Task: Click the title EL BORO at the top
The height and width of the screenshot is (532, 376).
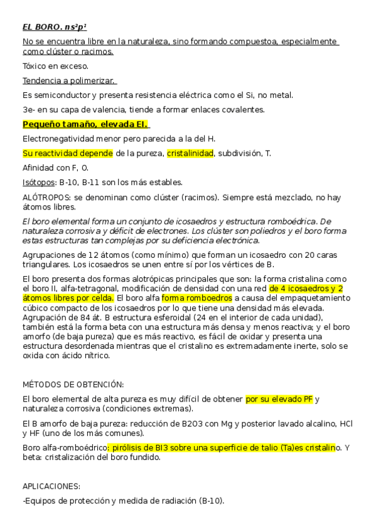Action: pos(42,27)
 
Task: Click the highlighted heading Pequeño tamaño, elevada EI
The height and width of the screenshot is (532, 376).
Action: pos(84,124)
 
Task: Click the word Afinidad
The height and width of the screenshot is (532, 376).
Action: pos(39,168)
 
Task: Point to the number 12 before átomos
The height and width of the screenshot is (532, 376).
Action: pos(88,255)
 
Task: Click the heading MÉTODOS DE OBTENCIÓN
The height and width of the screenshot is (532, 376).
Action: pos(73,385)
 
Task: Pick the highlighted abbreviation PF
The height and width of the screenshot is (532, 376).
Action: pos(307,400)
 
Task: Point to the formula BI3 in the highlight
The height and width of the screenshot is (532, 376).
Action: pos(159,448)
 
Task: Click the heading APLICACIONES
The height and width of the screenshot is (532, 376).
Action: pos(51,486)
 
